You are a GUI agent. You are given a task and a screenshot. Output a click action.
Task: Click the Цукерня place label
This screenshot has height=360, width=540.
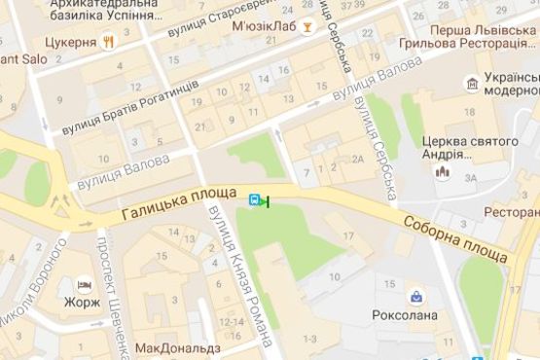click(71, 44)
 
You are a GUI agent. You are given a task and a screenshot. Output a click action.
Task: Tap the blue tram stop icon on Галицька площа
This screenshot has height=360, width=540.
click(255, 200)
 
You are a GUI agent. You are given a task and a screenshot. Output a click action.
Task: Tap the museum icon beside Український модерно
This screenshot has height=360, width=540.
click(472, 85)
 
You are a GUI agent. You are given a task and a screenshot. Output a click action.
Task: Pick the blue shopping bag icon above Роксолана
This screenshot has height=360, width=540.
click(415, 295)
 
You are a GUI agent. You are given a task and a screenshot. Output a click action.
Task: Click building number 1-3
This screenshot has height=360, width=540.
click(310, 338)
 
